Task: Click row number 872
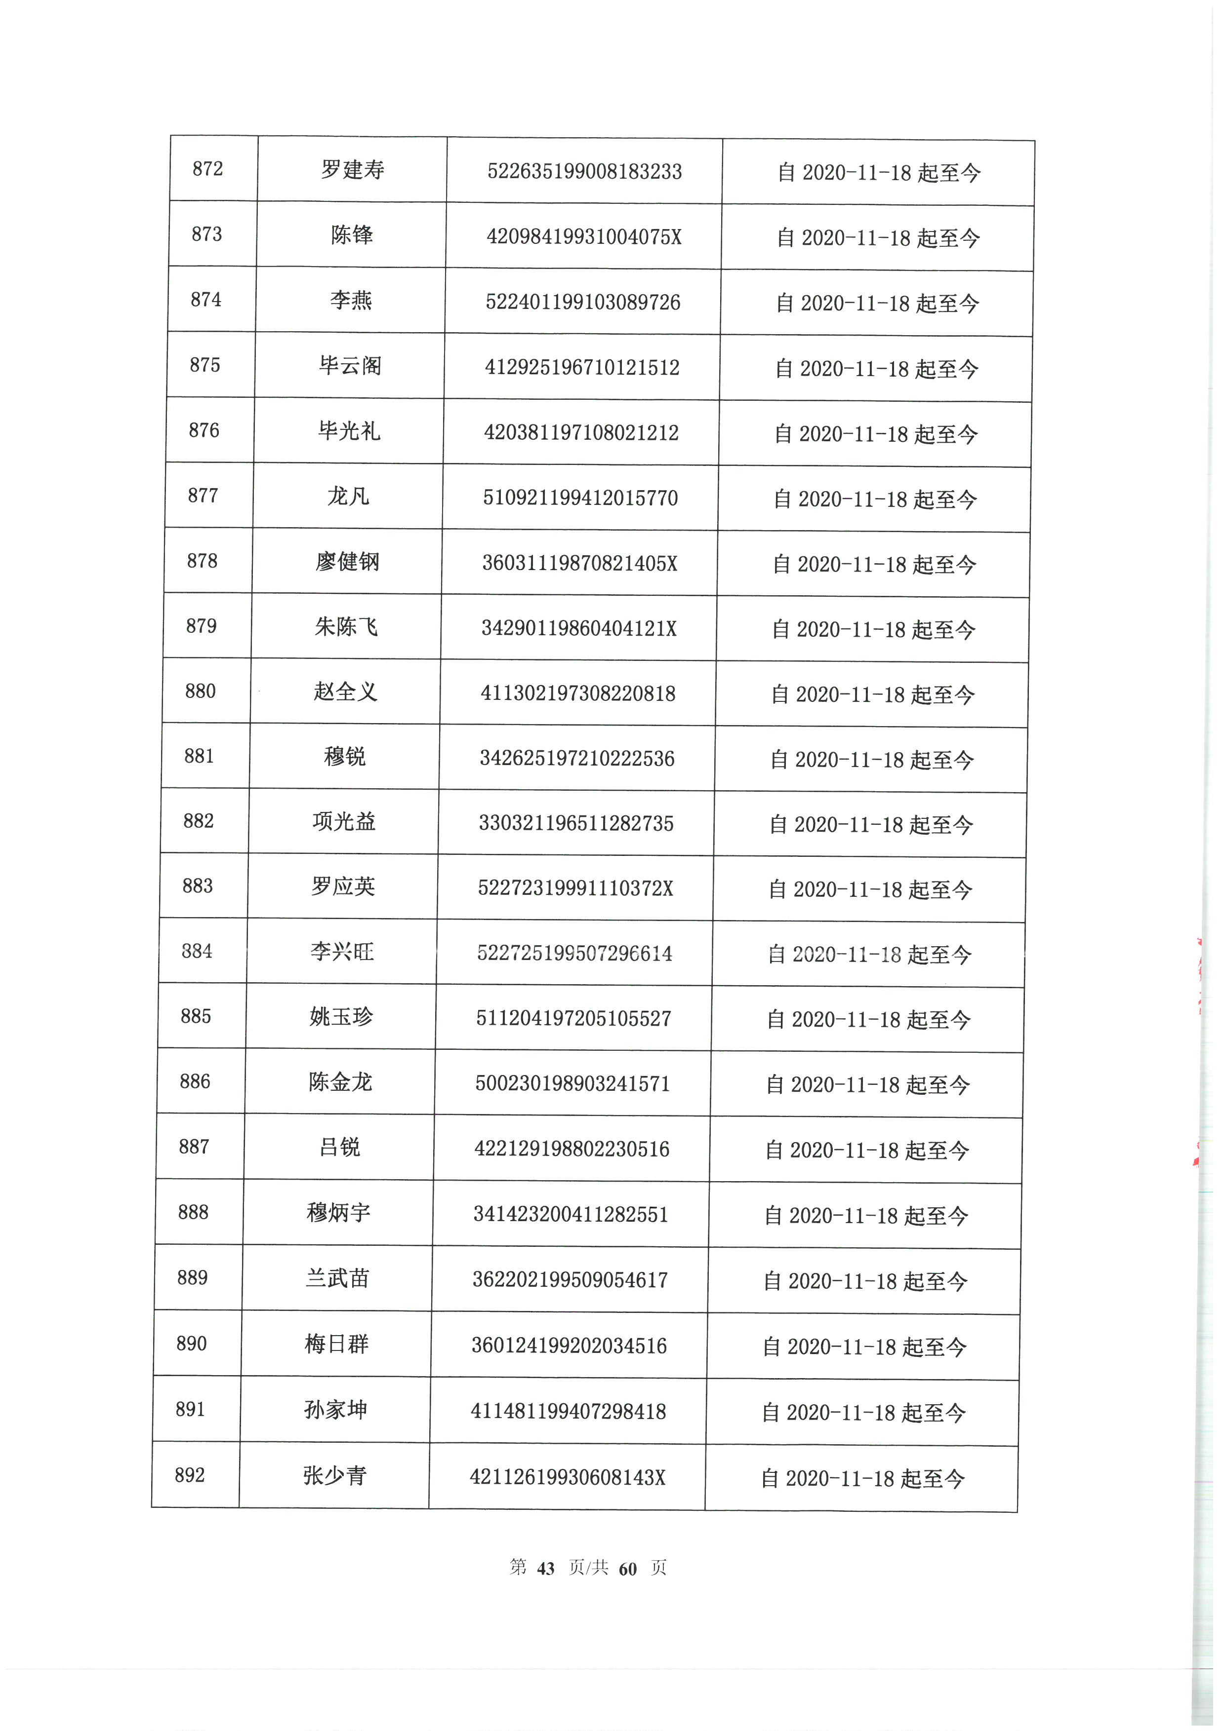pyautogui.click(x=207, y=169)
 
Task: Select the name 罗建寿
pyautogui.click(x=352, y=170)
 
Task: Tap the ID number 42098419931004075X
pyautogui.click(x=584, y=237)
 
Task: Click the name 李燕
pyautogui.click(x=351, y=301)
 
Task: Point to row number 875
pyautogui.click(x=205, y=365)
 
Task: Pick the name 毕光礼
pyautogui.click(x=349, y=431)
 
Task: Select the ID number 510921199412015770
pyautogui.click(x=580, y=498)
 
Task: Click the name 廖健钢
pyautogui.click(x=347, y=562)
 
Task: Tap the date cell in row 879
pyautogui.click(x=873, y=629)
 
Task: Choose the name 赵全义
pyautogui.click(x=345, y=692)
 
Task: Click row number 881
pyautogui.click(x=199, y=756)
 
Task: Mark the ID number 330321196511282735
pyautogui.click(x=576, y=823)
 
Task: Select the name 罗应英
pyautogui.click(x=343, y=886)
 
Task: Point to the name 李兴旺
pyautogui.click(x=342, y=952)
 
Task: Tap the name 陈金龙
pyautogui.click(x=340, y=1082)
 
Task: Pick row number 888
pyautogui.click(x=193, y=1212)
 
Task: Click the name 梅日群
pyautogui.click(x=336, y=1344)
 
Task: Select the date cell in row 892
pyautogui.click(x=862, y=1478)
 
